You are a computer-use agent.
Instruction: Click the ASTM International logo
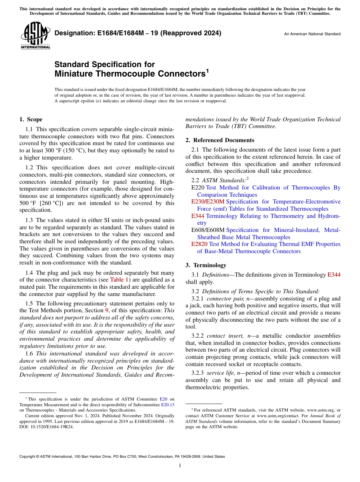tap(35, 36)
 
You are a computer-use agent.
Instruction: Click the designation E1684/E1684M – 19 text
tap(138, 33)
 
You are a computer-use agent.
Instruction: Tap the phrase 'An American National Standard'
tap(312, 34)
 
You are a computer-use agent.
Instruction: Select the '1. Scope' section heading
tap(31, 119)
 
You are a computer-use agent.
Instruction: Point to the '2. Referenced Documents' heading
tap(220, 140)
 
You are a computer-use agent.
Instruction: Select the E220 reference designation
tap(198, 188)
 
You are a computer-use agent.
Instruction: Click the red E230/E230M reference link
tap(208, 202)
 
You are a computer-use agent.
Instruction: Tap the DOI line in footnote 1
tap(47, 426)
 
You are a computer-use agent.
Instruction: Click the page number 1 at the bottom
tap(180, 466)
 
